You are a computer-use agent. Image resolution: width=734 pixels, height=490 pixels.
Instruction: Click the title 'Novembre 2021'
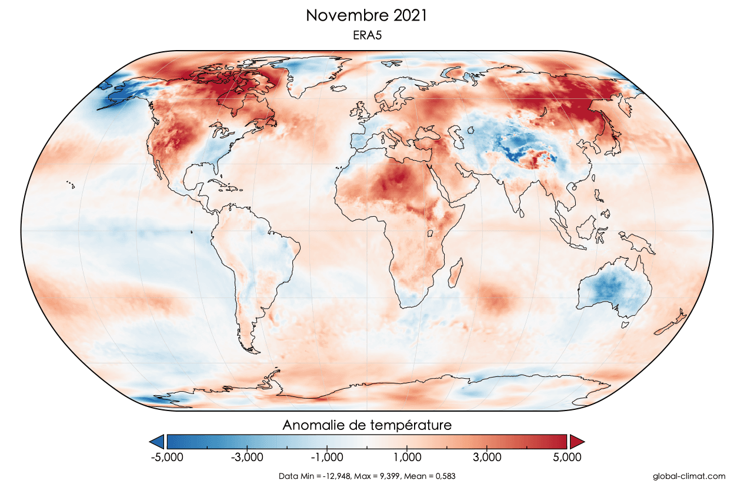[x=366, y=16]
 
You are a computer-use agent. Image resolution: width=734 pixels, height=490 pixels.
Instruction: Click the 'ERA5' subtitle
[x=366, y=36]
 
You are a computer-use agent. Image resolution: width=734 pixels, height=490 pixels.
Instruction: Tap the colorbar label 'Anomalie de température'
[x=367, y=425]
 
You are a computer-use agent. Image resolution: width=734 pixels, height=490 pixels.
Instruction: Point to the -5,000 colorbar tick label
[x=168, y=457]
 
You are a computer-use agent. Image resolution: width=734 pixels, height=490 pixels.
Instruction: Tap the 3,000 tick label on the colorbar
[x=486, y=457]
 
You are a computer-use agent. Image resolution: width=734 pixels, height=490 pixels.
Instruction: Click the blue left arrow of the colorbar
[x=157, y=441]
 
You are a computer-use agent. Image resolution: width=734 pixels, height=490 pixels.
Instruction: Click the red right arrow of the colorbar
[x=576, y=441]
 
